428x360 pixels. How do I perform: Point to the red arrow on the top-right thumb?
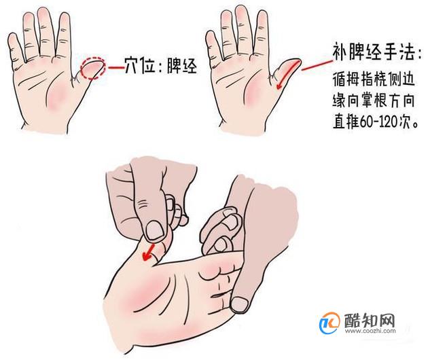coord(286,75)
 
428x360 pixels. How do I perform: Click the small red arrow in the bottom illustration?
coord(149,253)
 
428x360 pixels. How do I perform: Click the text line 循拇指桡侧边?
coord(374,80)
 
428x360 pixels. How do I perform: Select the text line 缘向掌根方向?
coord(374,101)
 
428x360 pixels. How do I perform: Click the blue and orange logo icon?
coord(329,323)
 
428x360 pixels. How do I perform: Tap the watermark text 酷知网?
coord(370,320)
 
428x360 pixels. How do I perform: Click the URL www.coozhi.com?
coord(370,331)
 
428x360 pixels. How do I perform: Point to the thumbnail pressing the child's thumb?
coord(155,230)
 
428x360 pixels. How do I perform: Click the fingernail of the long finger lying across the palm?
coord(239,304)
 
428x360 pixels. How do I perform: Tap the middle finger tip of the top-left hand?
coord(43,13)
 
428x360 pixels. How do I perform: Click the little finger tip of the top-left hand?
coord(12,39)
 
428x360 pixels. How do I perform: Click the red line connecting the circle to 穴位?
coord(115,67)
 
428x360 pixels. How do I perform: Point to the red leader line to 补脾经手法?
coord(317,65)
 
